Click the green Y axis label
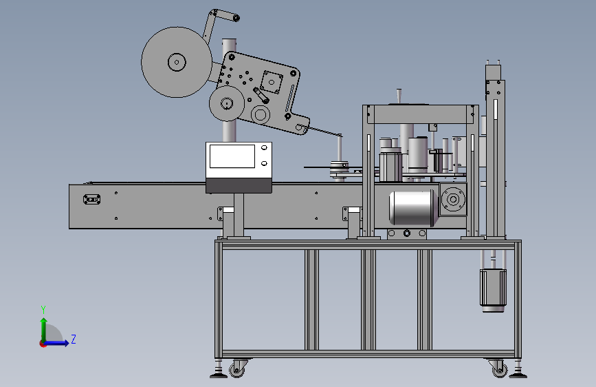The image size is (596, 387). pos(43,309)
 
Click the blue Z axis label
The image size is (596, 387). pos(74,339)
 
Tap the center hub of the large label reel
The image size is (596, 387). pos(177,62)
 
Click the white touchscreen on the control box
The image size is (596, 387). pos(232,156)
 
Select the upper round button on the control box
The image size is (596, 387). pos(264,147)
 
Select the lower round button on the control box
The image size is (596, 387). pos(264,163)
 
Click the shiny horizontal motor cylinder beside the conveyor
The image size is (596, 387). pos(412,208)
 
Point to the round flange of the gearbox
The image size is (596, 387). pos(453,199)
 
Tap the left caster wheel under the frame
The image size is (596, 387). pos(236,370)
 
